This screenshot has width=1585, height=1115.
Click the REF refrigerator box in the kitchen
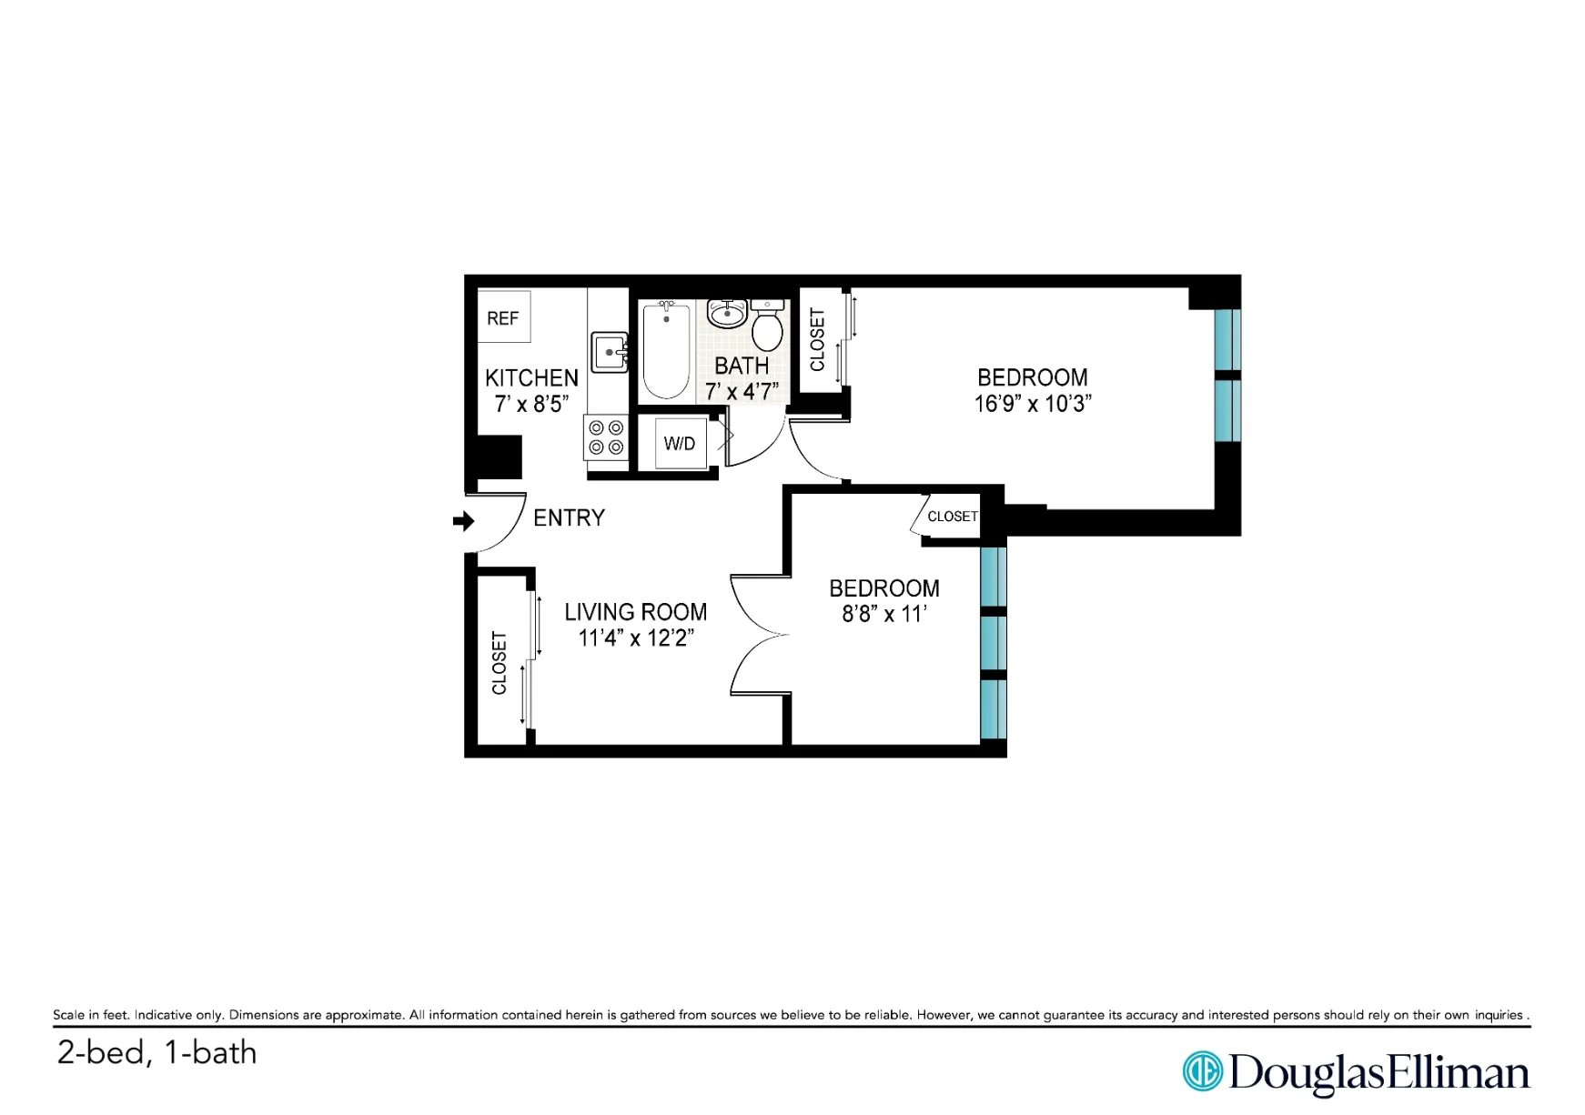503,317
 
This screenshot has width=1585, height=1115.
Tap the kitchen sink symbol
609,352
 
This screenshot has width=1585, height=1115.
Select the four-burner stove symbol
606,437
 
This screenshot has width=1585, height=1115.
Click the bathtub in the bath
666,351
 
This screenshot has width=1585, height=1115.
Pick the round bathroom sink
727,314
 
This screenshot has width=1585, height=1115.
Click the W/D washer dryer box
680,443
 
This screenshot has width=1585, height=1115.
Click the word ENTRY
569,517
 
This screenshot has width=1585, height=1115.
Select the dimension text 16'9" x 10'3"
1032,403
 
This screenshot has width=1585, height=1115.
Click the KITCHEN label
531,377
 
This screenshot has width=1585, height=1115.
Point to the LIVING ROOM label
635,611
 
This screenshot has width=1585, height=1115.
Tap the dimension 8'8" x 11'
883,614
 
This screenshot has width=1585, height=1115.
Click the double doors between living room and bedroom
759,636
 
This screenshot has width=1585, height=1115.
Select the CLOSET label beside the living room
500,663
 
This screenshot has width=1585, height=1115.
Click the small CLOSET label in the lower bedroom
952,517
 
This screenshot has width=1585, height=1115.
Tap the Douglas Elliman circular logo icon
1202,1070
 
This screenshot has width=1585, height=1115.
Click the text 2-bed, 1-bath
156,1052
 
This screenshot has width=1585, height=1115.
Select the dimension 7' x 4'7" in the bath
742,391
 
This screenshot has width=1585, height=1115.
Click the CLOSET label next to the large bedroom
817,340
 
